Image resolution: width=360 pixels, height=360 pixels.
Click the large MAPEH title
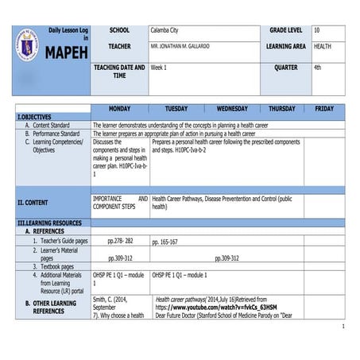pos(66,53)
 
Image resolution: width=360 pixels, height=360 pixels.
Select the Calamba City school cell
pos(165,29)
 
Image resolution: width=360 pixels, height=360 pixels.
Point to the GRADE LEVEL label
pos(285,29)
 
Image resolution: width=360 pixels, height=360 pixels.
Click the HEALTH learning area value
pos(323,47)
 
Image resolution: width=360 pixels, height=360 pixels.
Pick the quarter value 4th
pos(318,68)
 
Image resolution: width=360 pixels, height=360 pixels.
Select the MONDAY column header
pos(119,108)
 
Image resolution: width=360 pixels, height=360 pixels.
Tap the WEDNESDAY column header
pos(232,108)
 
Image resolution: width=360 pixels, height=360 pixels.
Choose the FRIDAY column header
pos(324,108)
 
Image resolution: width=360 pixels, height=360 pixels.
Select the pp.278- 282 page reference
pos(120,240)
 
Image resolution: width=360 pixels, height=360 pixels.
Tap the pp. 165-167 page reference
pos(165,241)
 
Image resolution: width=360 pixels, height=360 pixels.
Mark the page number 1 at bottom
pos(342,327)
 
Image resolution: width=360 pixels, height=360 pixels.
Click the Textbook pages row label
pos(57,266)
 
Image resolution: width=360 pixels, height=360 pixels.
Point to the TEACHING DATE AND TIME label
pos(119,72)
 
